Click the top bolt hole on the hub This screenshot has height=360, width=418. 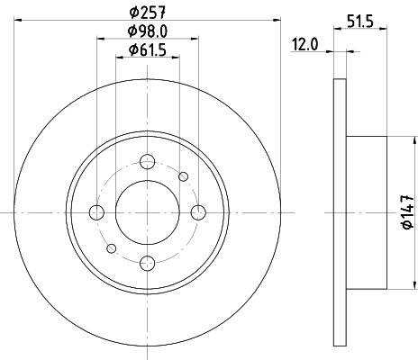[148, 162]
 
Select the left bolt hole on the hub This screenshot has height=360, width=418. [97, 212]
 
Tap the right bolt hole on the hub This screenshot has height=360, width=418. [199, 212]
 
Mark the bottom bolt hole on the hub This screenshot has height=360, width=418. [148, 263]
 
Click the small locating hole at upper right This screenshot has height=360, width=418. [184, 176]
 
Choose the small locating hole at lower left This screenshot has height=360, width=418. [112, 247]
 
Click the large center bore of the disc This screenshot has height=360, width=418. [148, 212]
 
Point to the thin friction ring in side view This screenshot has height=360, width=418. [340, 212]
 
